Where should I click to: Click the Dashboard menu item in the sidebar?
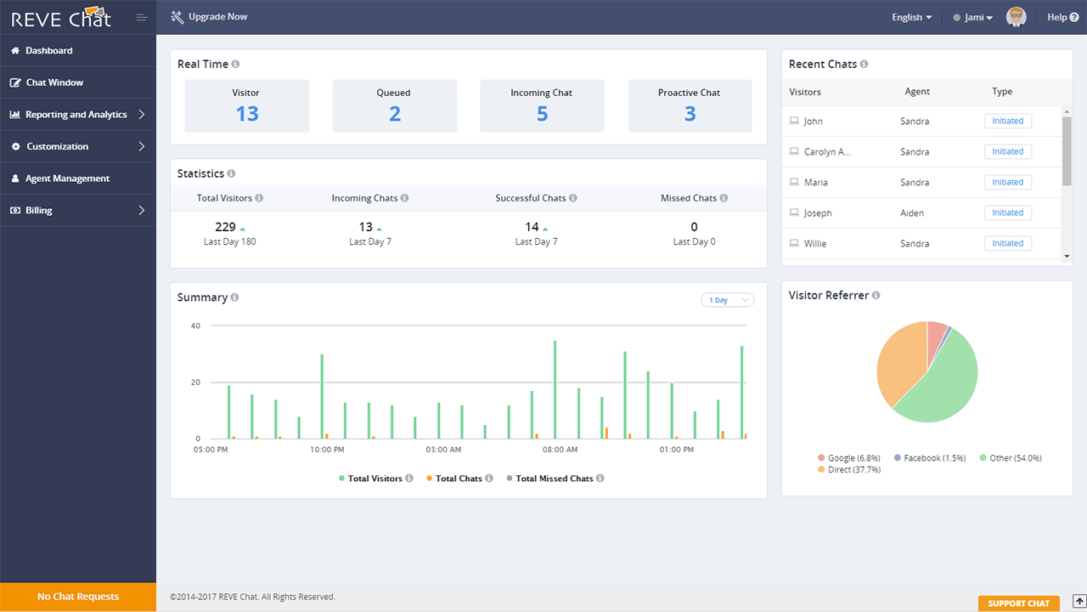click(48, 51)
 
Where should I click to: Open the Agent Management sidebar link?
click(67, 178)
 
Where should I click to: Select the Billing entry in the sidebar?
click(38, 211)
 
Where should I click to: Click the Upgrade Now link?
click(217, 17)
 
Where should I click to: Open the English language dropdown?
click(911, 17)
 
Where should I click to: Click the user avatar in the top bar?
click(1016, 17)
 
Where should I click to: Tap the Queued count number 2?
click(395, 114)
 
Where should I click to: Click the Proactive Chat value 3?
click(690, 114)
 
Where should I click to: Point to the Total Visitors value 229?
click(225, 227)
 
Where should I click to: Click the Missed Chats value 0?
click(694, 227)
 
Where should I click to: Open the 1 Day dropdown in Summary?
click(727, 300)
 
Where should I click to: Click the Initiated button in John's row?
click(1007, 122)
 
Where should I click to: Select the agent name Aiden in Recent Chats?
click(912, 213)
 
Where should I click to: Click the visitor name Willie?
click(815, 244)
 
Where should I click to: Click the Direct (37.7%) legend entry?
click(853, 469)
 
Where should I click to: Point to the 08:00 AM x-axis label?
click(560, 450)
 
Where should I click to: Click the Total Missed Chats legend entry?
click(554, 479)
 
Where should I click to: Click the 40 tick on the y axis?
click(195, 326)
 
